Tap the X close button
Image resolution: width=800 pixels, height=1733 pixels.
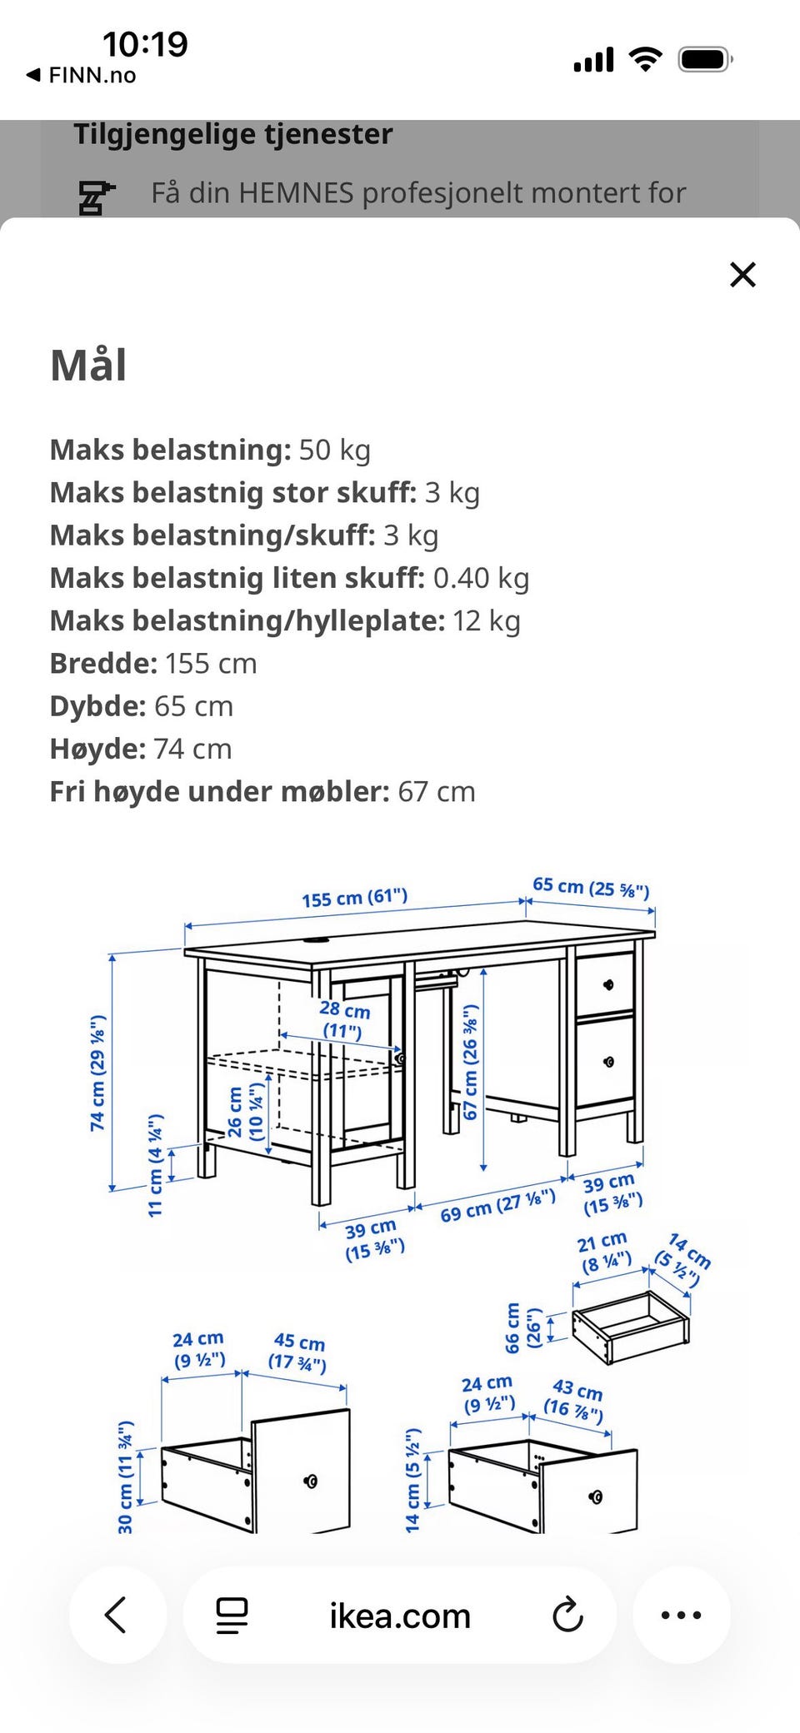pyautogui.click(x=742, y=275)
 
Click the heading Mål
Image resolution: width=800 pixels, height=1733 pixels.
pyautogui.click(x=88, y=366)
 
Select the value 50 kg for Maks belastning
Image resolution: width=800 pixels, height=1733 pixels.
pyautogui.click(x=334, y=450)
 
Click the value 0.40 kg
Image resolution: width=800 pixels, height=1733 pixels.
pyautogui.click(x=481, y=578)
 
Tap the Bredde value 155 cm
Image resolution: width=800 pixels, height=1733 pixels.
pyautogui.click(x=211, y=664)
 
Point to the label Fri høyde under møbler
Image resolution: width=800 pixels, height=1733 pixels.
pyautogui.click(x=219, y=791)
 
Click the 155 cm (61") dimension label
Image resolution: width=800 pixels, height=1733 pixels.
pyautogui.click(x=355, y=899)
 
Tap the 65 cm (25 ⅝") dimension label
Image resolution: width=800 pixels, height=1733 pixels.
pyautogui.click(x=591, y=888)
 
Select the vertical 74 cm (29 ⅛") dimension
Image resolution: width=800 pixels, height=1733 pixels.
pyautogui.click(x=98, y=1073)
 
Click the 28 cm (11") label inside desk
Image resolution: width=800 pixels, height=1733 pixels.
pyautogui.click(x=343, y=1020)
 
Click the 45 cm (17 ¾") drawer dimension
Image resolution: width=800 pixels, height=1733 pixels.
pyautogui.click(x=297, y=1352)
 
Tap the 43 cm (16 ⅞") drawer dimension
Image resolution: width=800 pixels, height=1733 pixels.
pyautogui.click(x=575, y=1400)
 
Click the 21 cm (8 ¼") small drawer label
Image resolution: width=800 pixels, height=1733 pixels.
pyautogui.click(x=604, y=1253)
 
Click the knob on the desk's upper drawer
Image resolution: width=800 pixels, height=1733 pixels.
pyautogui.click(x=607, y=984)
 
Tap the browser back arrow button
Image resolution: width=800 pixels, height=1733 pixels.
pyautogui.click(x=117, y=1615)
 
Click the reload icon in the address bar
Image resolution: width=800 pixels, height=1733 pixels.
pyautogui.click(x=567, y=1615)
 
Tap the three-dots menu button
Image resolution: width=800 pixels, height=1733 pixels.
pyautogui.click(x=681, y=1615)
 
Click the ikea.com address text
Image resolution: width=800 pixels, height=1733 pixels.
pyautogui.click(x=400, y=1616)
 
